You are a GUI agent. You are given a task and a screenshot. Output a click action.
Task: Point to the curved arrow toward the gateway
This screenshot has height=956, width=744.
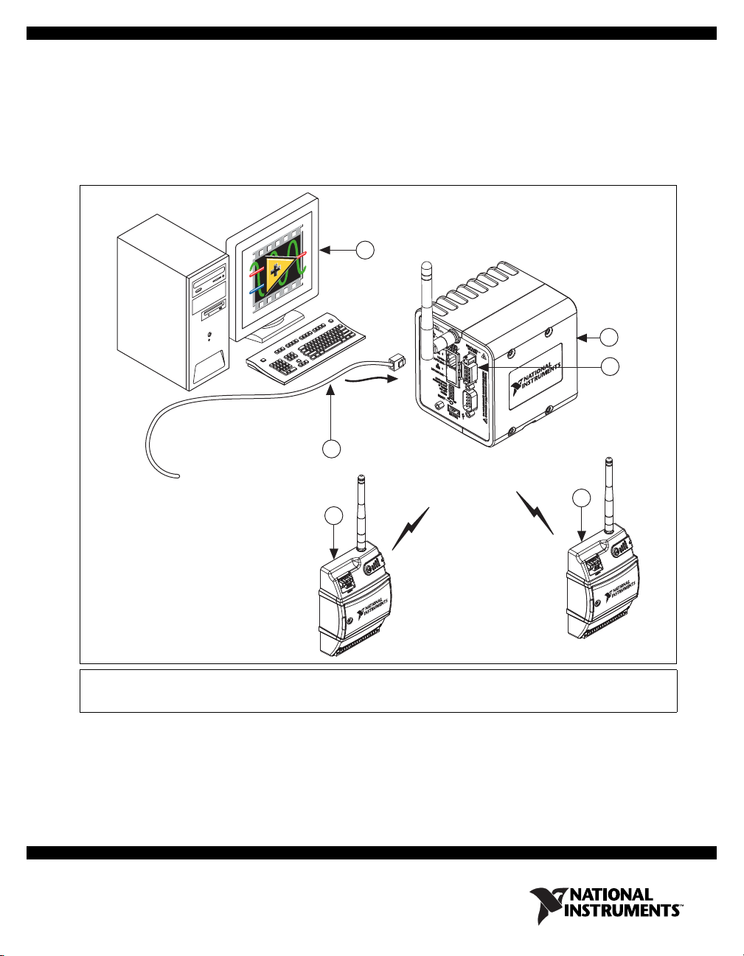(372, 380)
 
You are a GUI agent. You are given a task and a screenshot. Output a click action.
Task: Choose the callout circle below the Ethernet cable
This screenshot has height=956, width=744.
(333, 448)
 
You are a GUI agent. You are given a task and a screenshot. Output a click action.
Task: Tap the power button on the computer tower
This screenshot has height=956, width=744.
(212, 336)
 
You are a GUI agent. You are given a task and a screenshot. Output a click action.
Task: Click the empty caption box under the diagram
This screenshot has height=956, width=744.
(378, 691)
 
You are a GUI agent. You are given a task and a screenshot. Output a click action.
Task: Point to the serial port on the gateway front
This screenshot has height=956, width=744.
(465, 402)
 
